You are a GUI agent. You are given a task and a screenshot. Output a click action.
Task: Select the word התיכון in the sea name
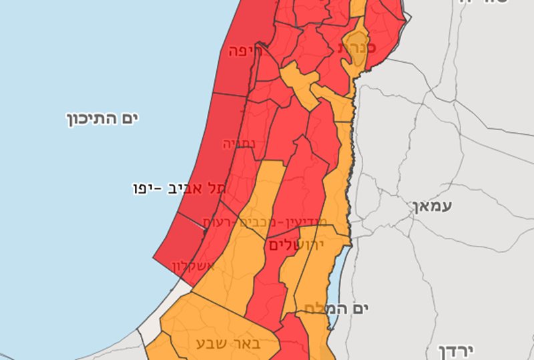91,120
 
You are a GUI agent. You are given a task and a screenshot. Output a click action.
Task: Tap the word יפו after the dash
148,188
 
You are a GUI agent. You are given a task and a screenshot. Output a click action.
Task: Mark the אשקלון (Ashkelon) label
194,266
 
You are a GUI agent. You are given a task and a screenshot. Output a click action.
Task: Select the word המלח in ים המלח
320,308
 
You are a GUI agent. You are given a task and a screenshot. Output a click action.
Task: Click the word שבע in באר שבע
210,343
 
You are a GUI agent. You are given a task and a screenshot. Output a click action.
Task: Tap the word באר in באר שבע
246,343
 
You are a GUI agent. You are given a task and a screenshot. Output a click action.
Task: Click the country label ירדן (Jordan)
458,351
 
